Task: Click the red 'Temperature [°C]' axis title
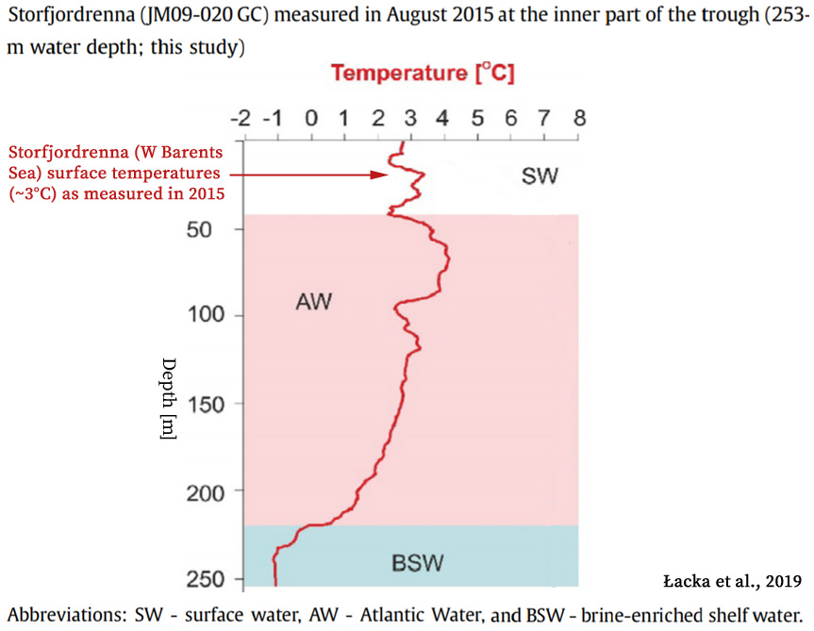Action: click(423, 73)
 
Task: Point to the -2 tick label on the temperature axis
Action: click(241, 119)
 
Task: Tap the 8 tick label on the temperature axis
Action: click(579, 119)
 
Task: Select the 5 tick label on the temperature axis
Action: click(477, 119)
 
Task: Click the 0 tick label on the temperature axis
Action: click(310, 119)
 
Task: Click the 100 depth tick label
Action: click(207, 315)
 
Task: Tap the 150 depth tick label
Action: click(207, 405)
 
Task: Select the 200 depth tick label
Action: click(207, 492)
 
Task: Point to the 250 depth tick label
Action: click(207, 578)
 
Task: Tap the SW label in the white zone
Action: click(540, 174)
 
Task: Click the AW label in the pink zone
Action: click(315, 303)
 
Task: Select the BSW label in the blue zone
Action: click(418, 564)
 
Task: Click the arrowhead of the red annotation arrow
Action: click(381, 174)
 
